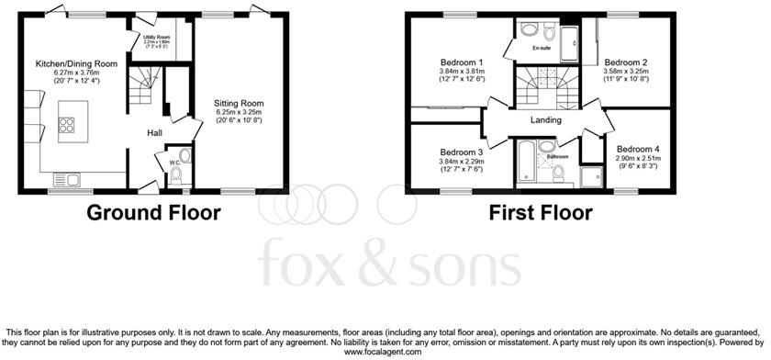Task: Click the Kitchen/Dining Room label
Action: pos(76,63)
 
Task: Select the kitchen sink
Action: pos(67,179)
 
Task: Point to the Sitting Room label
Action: pos(240,104)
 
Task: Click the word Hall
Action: pos(155,133)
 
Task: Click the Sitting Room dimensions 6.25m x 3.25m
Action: pos(239,113)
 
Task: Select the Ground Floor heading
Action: pos(154,214)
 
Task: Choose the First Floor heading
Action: pos(541,214)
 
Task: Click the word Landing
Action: pos(546,120)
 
